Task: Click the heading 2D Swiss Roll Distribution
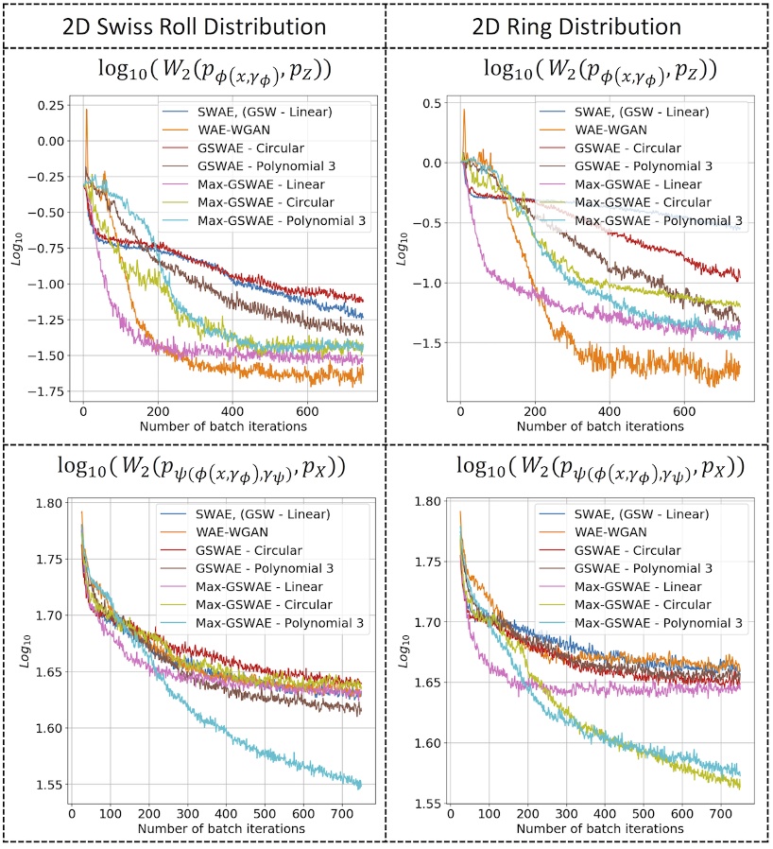(x=193, y=23)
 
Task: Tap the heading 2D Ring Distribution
(x=578, y=23)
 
